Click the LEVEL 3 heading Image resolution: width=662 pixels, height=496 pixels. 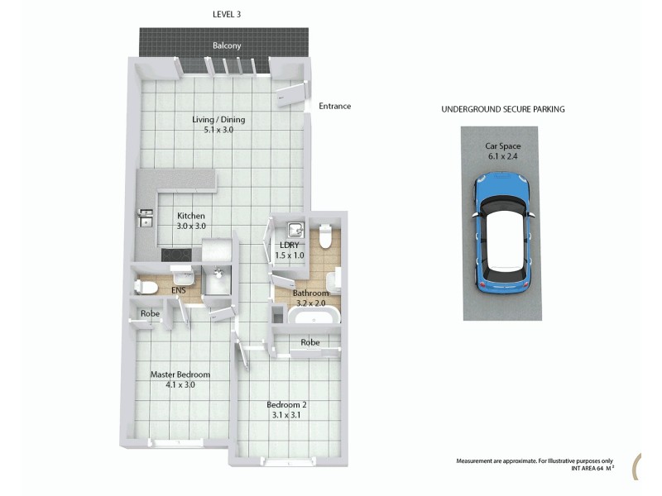(227, 14)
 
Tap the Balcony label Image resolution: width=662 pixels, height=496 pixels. (227, 45)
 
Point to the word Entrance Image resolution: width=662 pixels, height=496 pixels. (334, 106)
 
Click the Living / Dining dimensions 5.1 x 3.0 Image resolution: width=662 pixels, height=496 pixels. (218, 130)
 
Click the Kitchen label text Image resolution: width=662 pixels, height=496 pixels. (190, 216)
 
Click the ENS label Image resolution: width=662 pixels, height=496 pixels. (177, 291)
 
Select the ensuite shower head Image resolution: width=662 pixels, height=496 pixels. (218, 274)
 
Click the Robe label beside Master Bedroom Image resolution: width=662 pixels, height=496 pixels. (150, 314)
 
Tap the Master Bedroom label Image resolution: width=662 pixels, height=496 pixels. (180, 374)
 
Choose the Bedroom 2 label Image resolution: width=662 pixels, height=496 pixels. (287, 404)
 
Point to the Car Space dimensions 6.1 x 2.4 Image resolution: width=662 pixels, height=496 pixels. (502, 156)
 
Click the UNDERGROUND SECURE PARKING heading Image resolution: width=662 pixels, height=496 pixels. (502, 109)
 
